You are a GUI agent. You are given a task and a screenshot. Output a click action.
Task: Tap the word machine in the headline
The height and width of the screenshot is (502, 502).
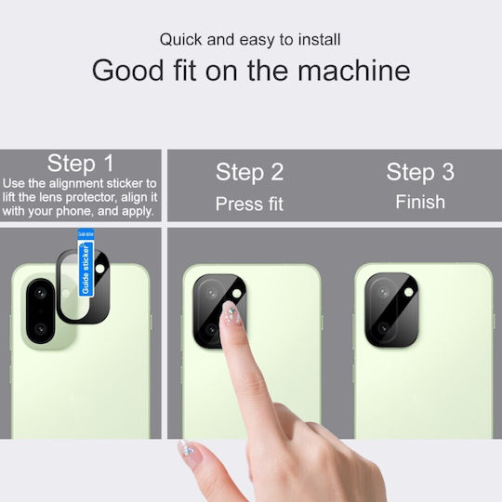point(354,71)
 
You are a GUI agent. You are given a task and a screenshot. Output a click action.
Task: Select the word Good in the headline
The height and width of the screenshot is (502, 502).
point(128,71)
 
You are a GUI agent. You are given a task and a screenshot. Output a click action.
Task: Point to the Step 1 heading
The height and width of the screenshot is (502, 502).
point(80,164)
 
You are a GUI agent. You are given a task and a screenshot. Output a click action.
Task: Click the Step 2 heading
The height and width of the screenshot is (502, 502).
point(250,172)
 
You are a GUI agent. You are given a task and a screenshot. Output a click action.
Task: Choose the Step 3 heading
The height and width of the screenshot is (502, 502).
point(420,172)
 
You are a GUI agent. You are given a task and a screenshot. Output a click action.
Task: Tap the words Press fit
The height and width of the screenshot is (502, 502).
point(249,204)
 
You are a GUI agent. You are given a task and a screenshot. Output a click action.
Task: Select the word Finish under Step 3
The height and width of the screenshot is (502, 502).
point(420,202)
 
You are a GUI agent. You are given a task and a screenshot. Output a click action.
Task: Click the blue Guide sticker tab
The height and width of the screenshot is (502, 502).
point(86,262)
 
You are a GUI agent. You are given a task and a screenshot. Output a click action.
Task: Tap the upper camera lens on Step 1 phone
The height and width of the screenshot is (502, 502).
point(40,293)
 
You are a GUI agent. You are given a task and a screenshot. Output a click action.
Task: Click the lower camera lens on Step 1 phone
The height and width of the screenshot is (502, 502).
point(40,329)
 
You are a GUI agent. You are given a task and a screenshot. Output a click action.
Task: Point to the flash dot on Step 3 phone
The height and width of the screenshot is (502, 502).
point(409,292)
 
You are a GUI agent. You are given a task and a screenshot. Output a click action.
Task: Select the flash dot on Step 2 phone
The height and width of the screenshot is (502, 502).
point(237,293)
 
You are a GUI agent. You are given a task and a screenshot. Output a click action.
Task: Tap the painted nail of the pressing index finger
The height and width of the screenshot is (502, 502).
point(231,313)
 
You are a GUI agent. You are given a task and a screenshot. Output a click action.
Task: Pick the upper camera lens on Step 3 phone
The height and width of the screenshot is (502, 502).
point(383,293)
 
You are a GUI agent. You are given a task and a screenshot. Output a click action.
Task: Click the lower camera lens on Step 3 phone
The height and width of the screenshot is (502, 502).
point(383,328)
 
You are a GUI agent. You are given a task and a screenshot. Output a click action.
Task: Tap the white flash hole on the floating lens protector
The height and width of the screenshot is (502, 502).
point(100,269)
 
